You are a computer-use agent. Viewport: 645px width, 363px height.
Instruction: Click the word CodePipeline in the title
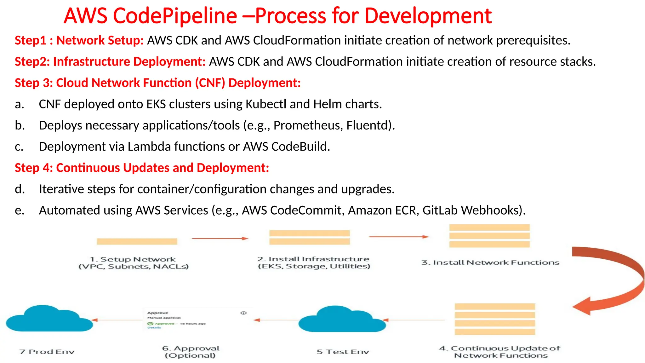(175, 16)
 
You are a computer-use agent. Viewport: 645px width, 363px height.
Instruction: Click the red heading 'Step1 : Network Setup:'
(79, 40)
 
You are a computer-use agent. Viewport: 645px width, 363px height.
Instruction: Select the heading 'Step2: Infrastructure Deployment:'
(110, 61)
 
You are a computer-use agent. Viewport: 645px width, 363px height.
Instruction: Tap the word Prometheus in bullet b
(308, 125)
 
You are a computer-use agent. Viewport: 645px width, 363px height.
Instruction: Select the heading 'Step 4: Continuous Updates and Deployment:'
(142, 168)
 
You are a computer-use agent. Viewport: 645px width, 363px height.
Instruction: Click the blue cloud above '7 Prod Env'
(49, 319)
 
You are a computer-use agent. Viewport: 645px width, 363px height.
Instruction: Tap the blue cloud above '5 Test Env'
(342, 320)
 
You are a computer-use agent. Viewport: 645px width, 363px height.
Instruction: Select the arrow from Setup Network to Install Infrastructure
(220, 239)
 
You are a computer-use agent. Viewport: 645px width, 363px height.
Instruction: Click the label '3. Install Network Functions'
(490, 262)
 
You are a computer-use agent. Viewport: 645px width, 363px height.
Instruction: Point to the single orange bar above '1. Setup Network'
(137, 241)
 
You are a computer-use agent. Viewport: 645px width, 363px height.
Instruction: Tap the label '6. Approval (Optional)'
(190, 352)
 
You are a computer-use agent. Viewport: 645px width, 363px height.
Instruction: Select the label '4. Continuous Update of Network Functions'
(500, 352)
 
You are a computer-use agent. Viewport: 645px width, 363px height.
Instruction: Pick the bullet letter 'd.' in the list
(20, 189)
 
